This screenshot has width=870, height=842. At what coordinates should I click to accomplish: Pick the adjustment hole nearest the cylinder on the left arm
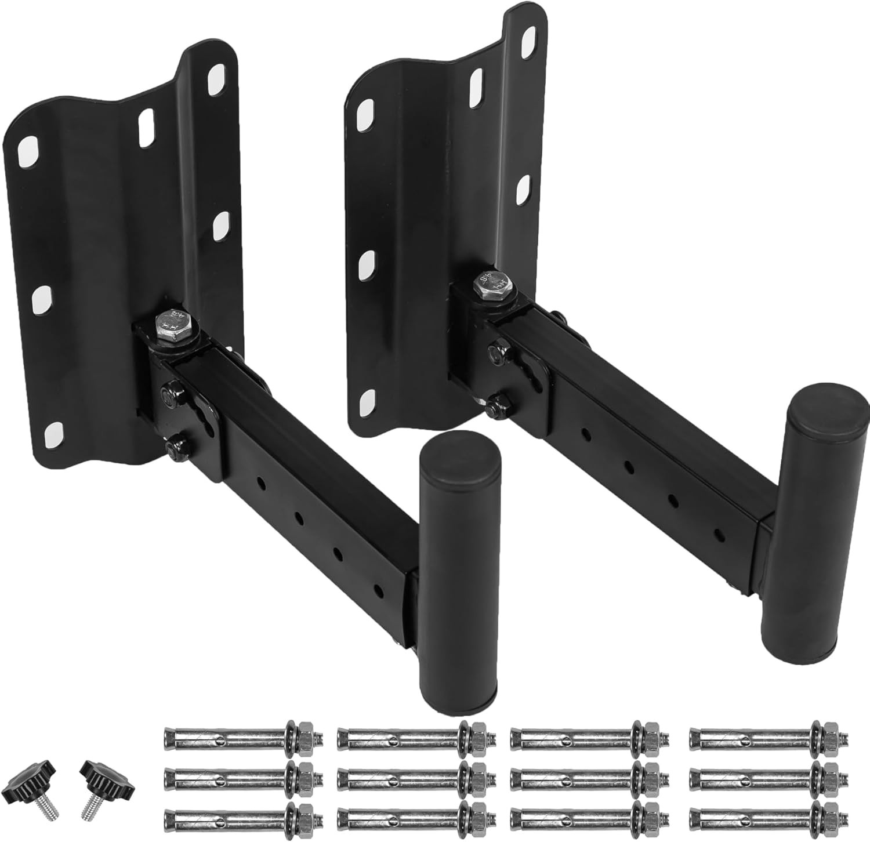point(378,589)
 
